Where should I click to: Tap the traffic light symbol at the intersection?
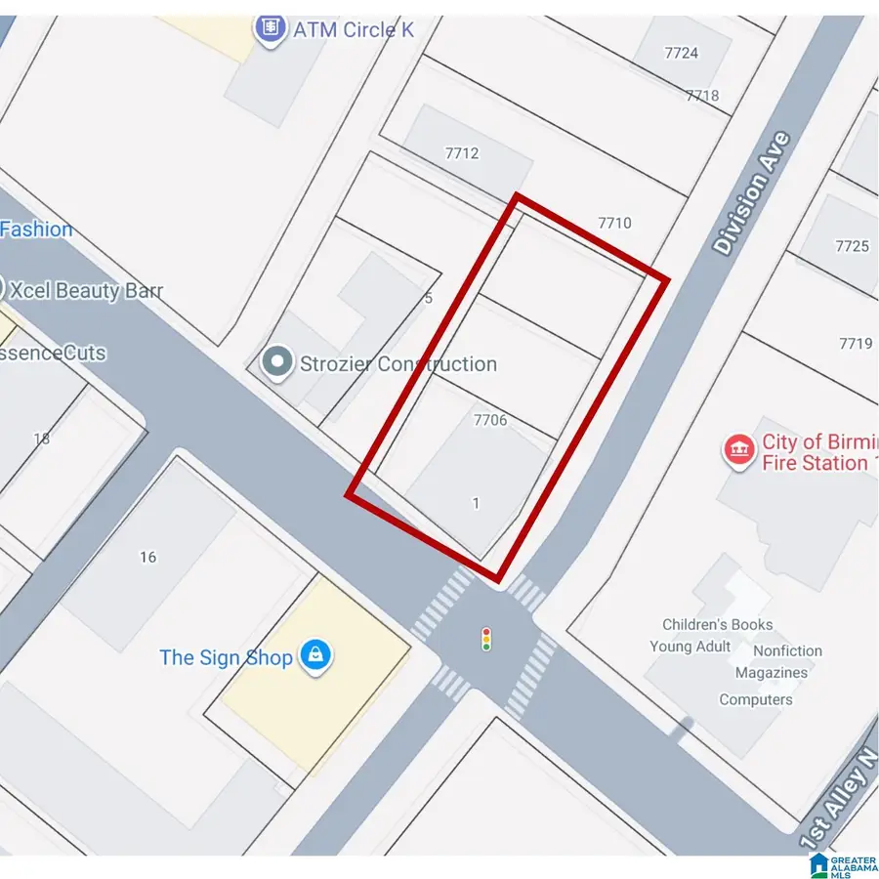[486, 640]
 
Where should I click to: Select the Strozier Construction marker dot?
[278, 363]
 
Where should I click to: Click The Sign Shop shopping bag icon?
[314, 656]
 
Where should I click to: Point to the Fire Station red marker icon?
[738, 451]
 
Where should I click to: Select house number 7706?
[489, 420]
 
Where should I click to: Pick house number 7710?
[614, 223]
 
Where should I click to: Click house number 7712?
[461, 152]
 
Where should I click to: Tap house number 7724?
[681, 53]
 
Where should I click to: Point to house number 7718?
[702, 95]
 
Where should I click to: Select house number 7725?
[852, 246]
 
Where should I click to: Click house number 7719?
[855, 343]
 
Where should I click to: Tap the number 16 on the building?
[147, 557]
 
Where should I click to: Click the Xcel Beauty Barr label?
[83, 290]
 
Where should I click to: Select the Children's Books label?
[717, 624]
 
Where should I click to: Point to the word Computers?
[756, 699]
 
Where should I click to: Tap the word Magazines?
[771, 673]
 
